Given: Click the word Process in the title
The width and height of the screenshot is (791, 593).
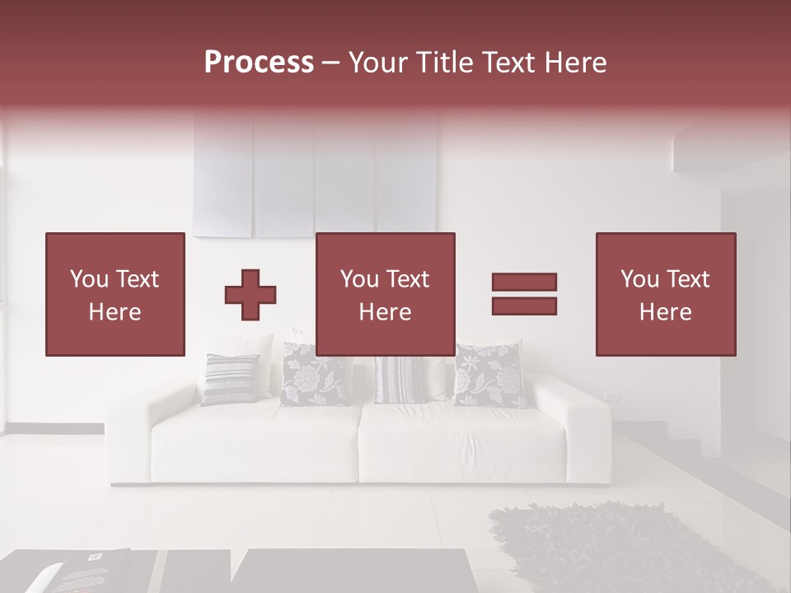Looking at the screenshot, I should (x=259, y=63).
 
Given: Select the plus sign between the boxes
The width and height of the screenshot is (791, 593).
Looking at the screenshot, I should (x=250, y=294).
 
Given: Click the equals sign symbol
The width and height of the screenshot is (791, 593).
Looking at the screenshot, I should (x=524, y=294).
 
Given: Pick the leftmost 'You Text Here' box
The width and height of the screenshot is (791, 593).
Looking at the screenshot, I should (x=115, y=294).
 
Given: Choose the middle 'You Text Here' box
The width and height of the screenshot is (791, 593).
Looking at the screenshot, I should (x=385, y=294).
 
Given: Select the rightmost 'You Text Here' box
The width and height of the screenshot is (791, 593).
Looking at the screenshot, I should (x=665, y=294).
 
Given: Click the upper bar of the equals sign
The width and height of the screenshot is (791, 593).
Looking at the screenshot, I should (x=524, y=282).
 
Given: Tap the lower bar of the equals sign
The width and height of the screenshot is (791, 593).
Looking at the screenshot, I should (x=524, y=306).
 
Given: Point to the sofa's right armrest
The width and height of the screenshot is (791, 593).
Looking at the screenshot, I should (x=581, y=432).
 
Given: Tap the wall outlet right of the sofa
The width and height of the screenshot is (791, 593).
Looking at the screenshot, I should (x=611, y=397).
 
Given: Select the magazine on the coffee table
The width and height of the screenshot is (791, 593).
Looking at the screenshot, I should (x=82, y=572).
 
